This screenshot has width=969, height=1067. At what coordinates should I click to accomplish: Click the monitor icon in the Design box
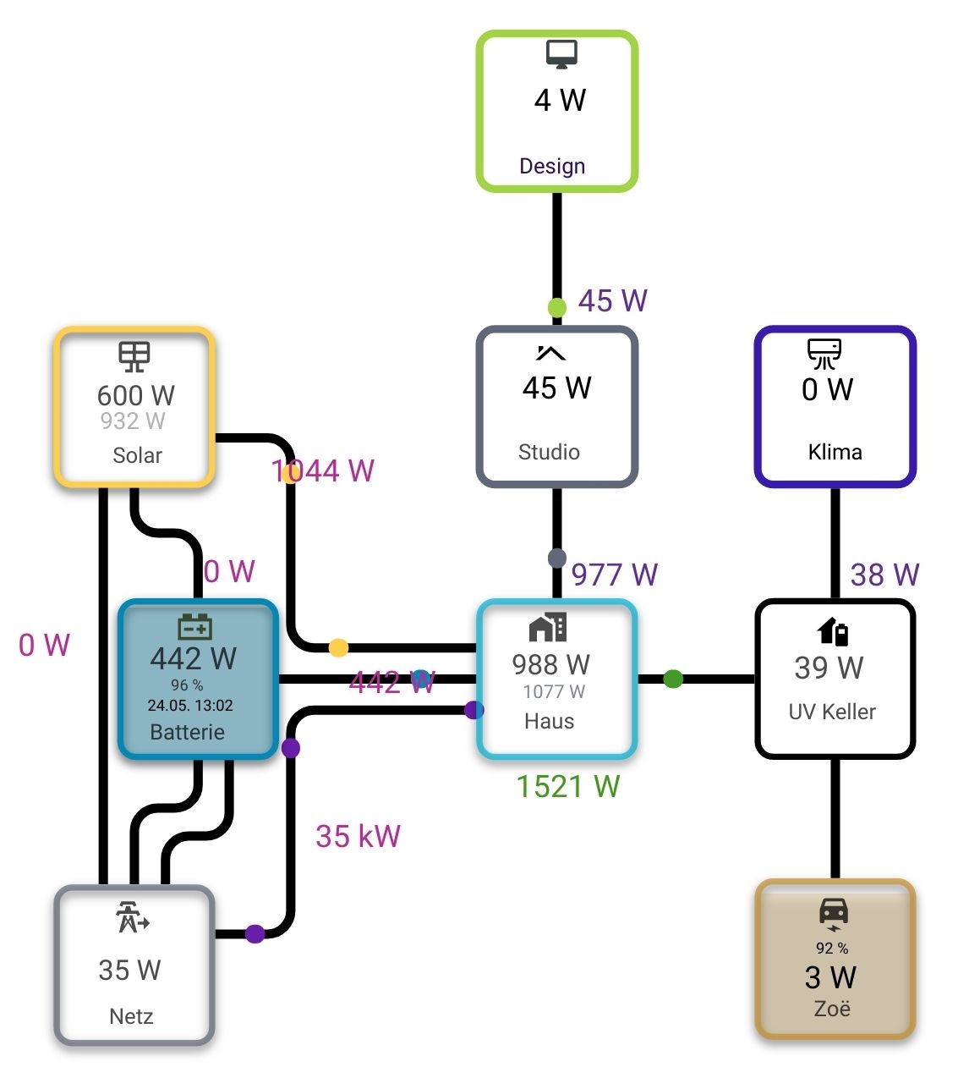coord(561,53)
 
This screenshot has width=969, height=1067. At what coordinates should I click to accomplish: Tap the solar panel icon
coord(134,356)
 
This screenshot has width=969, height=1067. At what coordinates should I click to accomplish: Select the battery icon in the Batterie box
coord(195,627)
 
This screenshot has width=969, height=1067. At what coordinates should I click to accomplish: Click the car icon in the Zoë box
coord(834,912)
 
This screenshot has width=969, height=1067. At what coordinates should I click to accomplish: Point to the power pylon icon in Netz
coord(132,917)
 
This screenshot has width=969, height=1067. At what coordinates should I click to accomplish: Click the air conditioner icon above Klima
coord(824,353)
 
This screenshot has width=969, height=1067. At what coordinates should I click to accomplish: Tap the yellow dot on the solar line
coord(338,648)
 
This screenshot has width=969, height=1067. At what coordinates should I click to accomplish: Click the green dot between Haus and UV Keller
coord(673,679)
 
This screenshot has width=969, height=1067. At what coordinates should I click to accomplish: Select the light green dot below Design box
coord(557,307)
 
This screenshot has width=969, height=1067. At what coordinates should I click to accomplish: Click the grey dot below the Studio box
coord(557,558)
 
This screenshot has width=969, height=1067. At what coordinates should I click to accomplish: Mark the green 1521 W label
coord(568,787)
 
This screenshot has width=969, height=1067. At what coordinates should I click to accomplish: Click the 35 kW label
coord(358,836)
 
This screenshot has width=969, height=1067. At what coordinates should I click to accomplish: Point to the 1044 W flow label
coord(323,470)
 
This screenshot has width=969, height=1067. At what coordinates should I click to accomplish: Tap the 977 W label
coord(615,575)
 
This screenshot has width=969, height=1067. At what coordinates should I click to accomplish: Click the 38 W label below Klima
coord(884,575)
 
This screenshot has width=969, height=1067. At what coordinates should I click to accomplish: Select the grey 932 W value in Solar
coord(133,421)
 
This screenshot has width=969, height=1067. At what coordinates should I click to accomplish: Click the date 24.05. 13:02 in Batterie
coord(190,706)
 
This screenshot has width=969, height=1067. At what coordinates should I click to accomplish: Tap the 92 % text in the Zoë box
coord(832,949)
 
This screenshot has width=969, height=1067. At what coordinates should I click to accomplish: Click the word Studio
coord(549,452)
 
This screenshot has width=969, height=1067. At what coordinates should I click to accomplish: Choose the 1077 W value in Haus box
coord(554,692)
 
